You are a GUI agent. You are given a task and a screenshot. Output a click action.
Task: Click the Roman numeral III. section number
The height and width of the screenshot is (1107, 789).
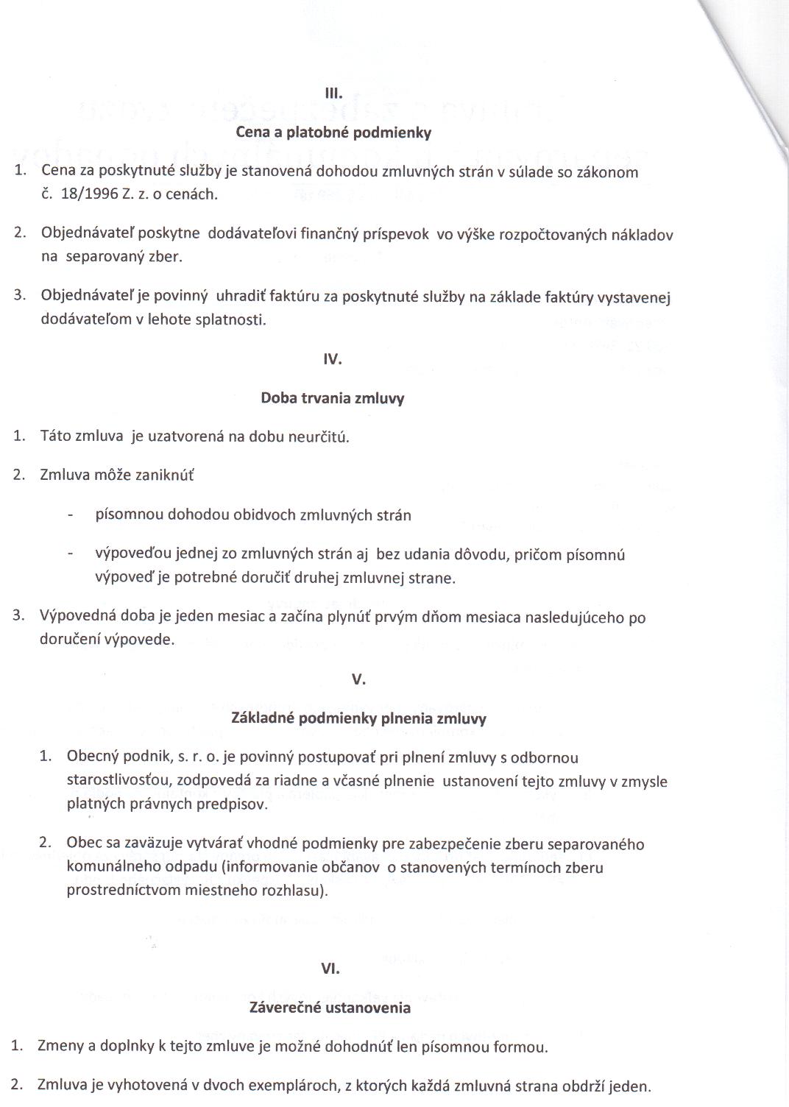pyautogui.click(x=334, y=93)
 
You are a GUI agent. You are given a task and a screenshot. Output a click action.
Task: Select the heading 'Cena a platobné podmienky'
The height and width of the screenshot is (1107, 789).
pyautogui.click(x=333, y=132)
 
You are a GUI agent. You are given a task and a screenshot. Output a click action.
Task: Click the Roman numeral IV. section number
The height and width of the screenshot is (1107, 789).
pyautogui.click(x=333, y=359)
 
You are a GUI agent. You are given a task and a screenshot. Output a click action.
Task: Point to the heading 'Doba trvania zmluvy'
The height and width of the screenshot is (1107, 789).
pyautogui.click(x=333, y=398)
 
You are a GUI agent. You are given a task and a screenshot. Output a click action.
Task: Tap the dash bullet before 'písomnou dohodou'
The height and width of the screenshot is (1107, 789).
pyautogui.click(x=70, y=515)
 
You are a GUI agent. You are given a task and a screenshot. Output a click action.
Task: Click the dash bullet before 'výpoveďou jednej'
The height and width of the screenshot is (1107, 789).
pyautogui.click(x=70, y=554)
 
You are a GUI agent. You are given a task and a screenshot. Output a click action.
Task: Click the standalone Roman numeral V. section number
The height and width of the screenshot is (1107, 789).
pyautogui.click(x=358, y=679)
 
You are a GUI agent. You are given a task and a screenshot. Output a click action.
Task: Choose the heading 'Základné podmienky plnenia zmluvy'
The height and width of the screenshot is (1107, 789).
pyautogui.click(x=358, y=718)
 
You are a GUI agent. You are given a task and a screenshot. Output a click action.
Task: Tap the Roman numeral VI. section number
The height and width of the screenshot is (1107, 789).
pyautogui.click(x=330, y=969)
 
